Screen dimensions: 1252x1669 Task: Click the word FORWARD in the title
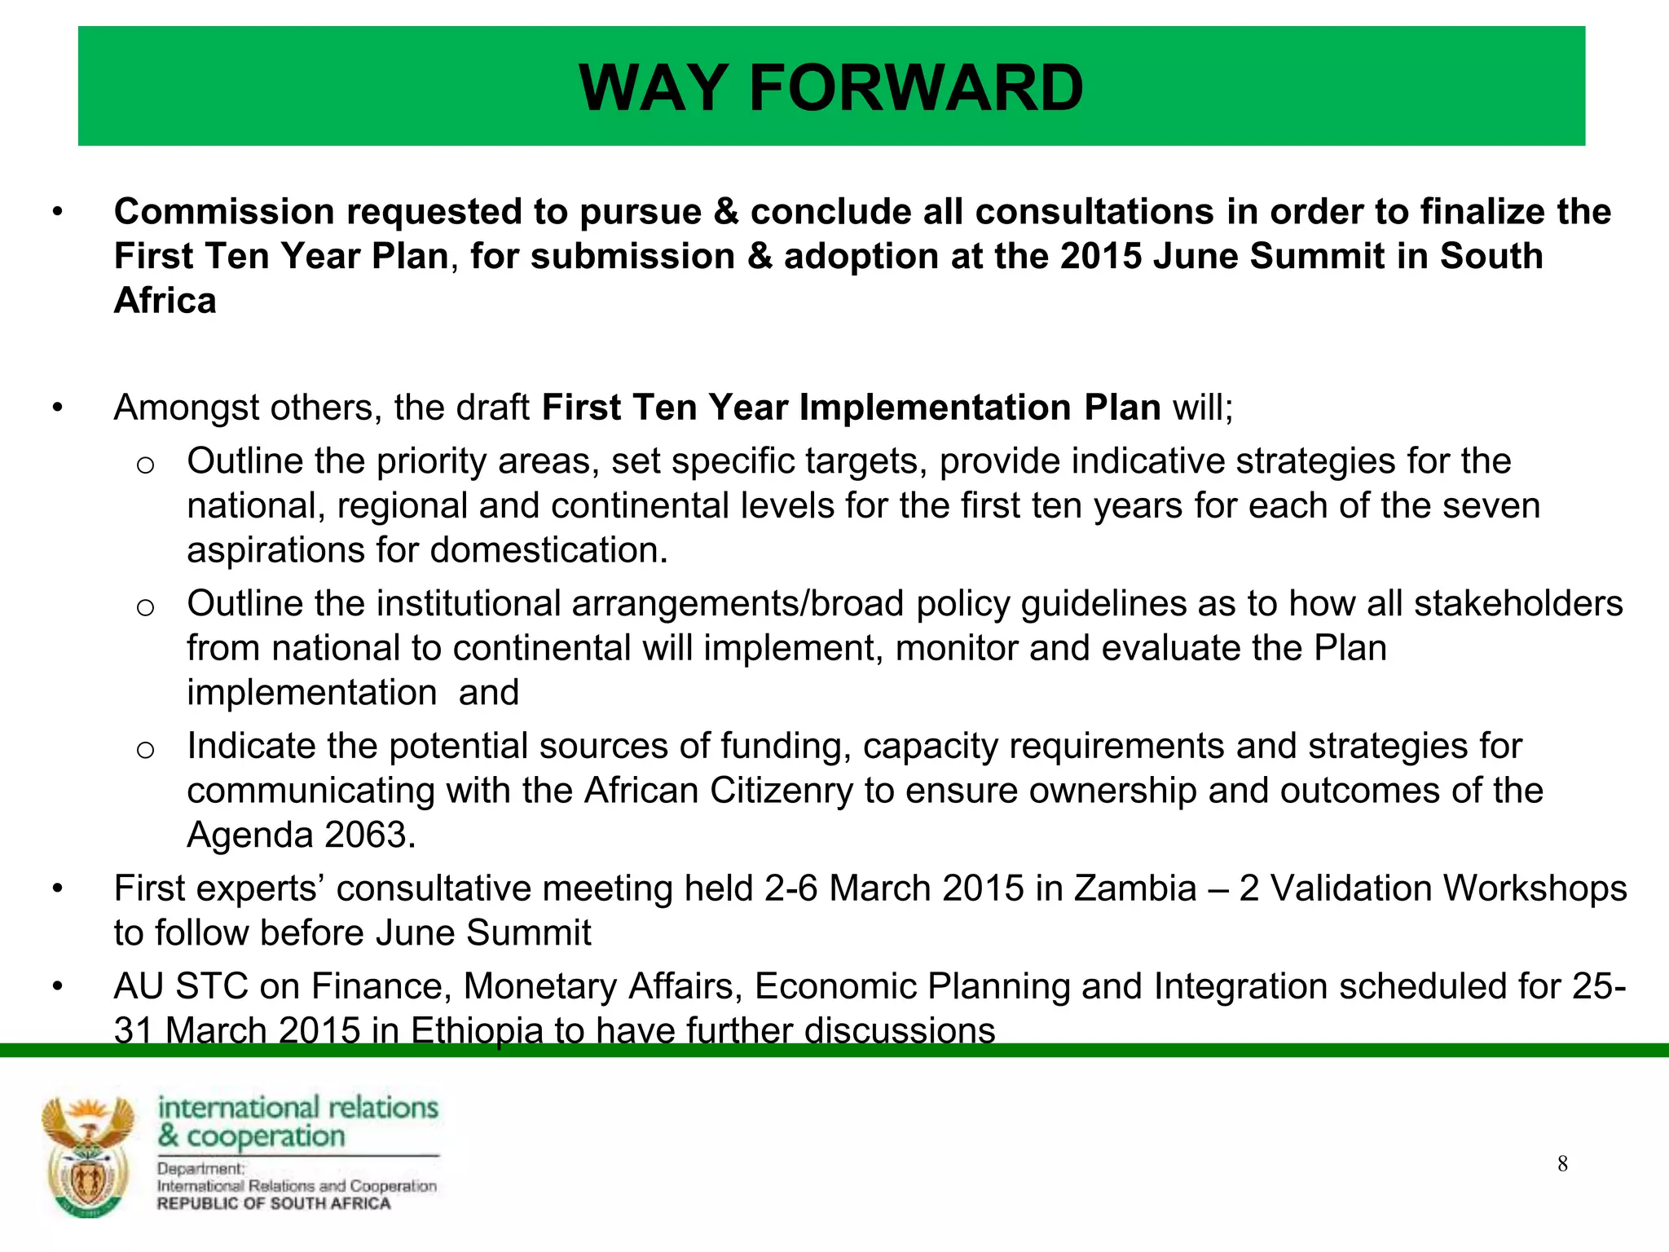pos(916,88)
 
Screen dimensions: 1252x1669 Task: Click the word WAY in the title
pos(653,88)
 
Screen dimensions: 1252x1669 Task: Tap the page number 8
pos(1562,1164)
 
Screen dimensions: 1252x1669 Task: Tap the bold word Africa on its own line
pos(165,301)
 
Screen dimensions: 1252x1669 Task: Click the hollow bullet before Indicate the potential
pos(145,749)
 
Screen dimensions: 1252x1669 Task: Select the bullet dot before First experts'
pos(57,889)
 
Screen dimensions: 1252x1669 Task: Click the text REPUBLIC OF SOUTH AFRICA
pos(274,1204)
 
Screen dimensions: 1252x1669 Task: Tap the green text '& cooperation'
pos(252,1135)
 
